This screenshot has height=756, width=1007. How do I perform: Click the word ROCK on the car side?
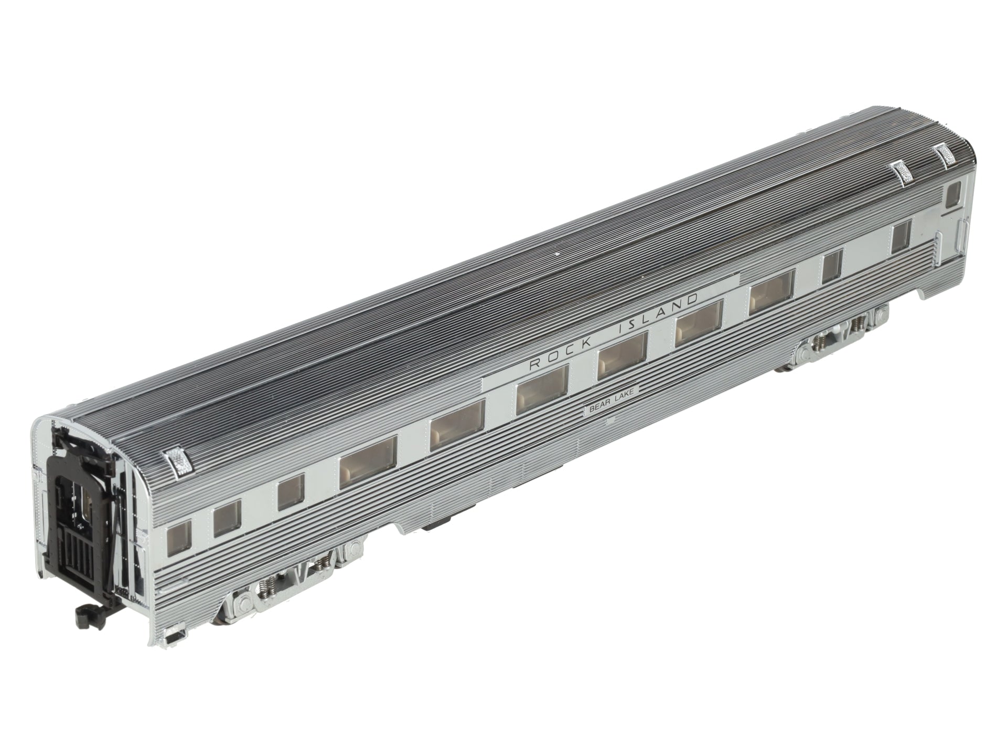pos(557,358)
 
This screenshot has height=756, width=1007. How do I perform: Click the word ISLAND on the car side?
pos(658,316)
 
